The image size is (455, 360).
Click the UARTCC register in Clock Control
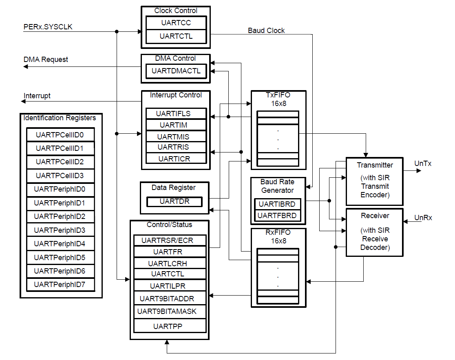(x=176, y=23)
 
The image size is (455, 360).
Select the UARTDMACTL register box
(x=176, y=71)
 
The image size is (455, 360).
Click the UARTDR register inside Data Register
(x=174, y=201)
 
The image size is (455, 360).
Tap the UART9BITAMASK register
(x=167, y=311)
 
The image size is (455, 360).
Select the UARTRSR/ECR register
(x=167, y=241)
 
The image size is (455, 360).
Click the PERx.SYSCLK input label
(x=48, y=27)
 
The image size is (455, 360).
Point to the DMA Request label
(x=46, y=60)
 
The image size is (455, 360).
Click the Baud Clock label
(x=266, y=31)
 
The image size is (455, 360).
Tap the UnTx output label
(x=423, y=163)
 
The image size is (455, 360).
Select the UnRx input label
(x=423, y=218)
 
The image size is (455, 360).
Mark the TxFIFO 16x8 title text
(x=278, y=99)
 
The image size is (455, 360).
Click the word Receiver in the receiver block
(x=375, y=216)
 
